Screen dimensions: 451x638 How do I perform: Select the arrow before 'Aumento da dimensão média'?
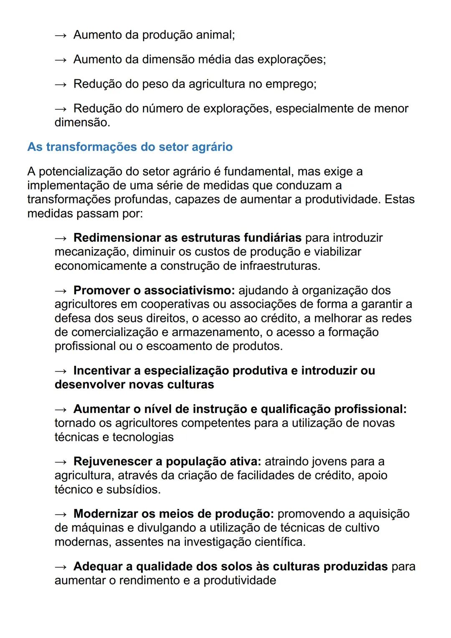tap(61, 60)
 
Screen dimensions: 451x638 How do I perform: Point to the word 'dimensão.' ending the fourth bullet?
tap(82, 123)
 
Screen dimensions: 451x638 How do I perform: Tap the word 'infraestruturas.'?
tap(280, 266)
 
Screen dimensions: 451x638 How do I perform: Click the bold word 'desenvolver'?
tap(90, 385)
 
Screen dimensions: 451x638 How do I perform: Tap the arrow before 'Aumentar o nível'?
tap(61, 409)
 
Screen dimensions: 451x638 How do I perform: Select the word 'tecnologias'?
tap(143, 437)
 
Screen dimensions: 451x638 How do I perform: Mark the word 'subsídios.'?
tap(134, 489)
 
